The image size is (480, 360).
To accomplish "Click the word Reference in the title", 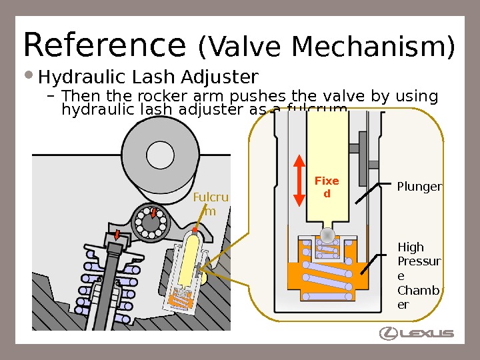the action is point(103,45).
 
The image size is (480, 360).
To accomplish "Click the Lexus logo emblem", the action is point(389,333).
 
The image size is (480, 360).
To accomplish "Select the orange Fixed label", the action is point(327,187).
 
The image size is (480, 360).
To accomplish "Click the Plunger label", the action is point(419,187).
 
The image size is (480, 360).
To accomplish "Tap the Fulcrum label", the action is point(210,204).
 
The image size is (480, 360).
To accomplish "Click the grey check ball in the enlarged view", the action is point(327,235).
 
